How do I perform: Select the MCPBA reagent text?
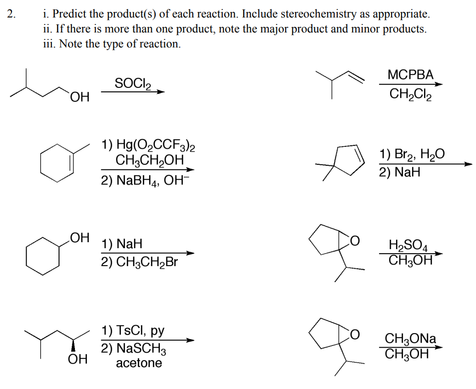411,75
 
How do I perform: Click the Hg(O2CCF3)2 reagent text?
148,146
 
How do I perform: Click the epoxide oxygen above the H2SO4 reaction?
354,242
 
